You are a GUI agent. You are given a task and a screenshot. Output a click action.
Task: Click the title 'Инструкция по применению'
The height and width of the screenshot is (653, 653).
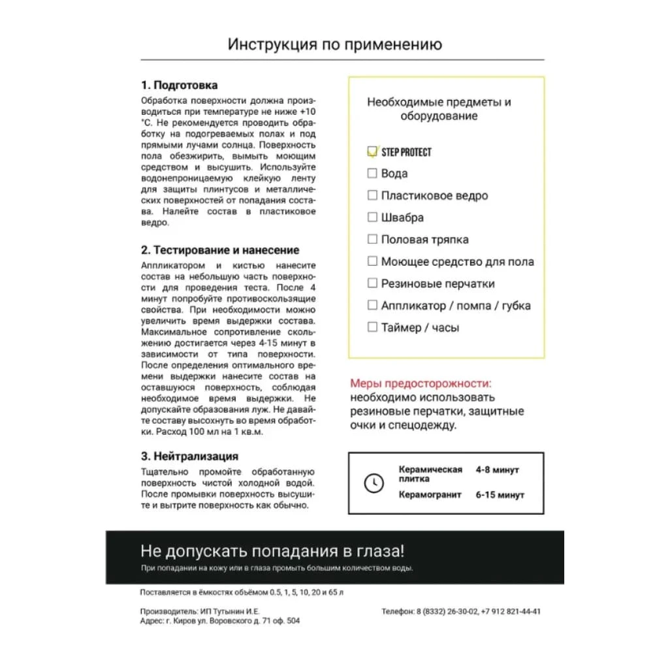tap(335, 44)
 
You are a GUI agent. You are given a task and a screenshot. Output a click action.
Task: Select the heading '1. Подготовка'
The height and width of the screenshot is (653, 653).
tap(180, 86)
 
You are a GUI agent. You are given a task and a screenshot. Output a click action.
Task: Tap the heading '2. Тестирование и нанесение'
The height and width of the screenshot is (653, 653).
tap(220, 250)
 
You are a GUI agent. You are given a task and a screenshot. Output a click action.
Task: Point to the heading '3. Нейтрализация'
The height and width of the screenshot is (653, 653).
tap(189, 456)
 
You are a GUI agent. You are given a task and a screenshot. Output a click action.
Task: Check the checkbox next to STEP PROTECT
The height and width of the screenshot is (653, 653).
tap(372, 151)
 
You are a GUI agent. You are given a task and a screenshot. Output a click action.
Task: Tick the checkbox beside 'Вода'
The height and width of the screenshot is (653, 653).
tap(372, 173)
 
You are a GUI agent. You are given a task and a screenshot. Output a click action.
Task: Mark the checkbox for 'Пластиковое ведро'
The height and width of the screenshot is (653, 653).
tap(372, 195)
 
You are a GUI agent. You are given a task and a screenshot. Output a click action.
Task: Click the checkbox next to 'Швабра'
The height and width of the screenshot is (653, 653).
tap(372, 217)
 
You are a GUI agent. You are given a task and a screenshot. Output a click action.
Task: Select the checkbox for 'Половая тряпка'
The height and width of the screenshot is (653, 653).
tap(372, 239)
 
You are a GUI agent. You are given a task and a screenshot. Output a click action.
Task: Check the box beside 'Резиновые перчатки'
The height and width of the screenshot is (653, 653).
tap(372, 283)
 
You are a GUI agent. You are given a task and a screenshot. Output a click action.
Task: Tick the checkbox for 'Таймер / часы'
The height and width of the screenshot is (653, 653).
tap(372, 327)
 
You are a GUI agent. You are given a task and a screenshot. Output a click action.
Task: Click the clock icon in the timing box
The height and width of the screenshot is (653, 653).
tap(374, 483)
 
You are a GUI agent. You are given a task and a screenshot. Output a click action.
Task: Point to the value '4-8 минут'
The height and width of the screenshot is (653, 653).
tap(498, 470)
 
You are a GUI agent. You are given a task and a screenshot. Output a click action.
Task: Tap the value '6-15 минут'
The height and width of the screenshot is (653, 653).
tap(500, 495)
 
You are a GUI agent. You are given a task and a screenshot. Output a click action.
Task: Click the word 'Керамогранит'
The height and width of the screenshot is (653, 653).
tap(430, 495)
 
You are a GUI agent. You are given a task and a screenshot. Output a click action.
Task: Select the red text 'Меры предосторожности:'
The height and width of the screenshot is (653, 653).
tap(421, 383)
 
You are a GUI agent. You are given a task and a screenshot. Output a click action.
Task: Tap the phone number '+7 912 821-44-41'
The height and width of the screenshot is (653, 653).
tap(511, 612)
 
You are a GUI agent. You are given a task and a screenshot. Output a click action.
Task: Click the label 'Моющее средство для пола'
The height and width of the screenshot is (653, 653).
tap(457, 262)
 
